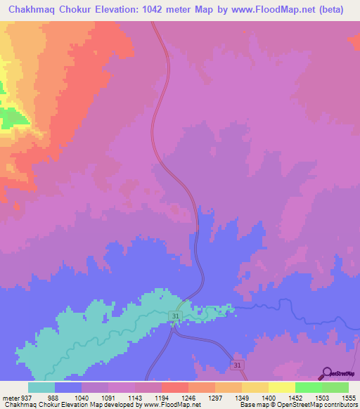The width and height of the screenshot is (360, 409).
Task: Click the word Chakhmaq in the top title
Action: point(29,11)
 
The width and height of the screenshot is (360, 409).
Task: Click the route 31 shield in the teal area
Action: point(175,318)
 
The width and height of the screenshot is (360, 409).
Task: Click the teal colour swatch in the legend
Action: point(41,387)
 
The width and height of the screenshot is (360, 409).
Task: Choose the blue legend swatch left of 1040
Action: point(68,387)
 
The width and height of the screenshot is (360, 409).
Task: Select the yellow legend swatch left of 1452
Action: point(281,387)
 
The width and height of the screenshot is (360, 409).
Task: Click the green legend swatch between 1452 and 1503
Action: point(308,387)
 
